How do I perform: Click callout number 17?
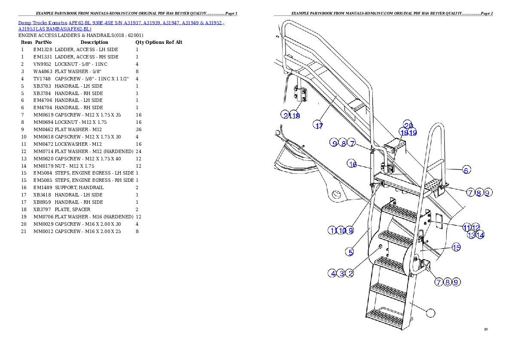[x=319, y=126]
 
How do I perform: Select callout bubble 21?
[x=286, y=115]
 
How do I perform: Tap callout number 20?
[x=408, y=125]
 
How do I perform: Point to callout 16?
[x=353, y=164]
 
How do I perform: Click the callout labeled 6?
[x=466, y=170]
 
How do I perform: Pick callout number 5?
[x=351, y=252]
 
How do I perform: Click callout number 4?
[x=332, y=273]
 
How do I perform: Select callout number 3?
[x=341, y=273]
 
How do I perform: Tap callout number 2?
[x=350, y=273]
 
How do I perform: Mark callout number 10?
[x=342, y=230]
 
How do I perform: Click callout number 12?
[x=476, y=227]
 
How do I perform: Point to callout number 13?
[x=471, y=235]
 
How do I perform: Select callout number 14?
[x=480, y=235]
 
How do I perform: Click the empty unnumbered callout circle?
[x=431, y=313]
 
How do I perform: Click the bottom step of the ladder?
[x=386, y=319]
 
